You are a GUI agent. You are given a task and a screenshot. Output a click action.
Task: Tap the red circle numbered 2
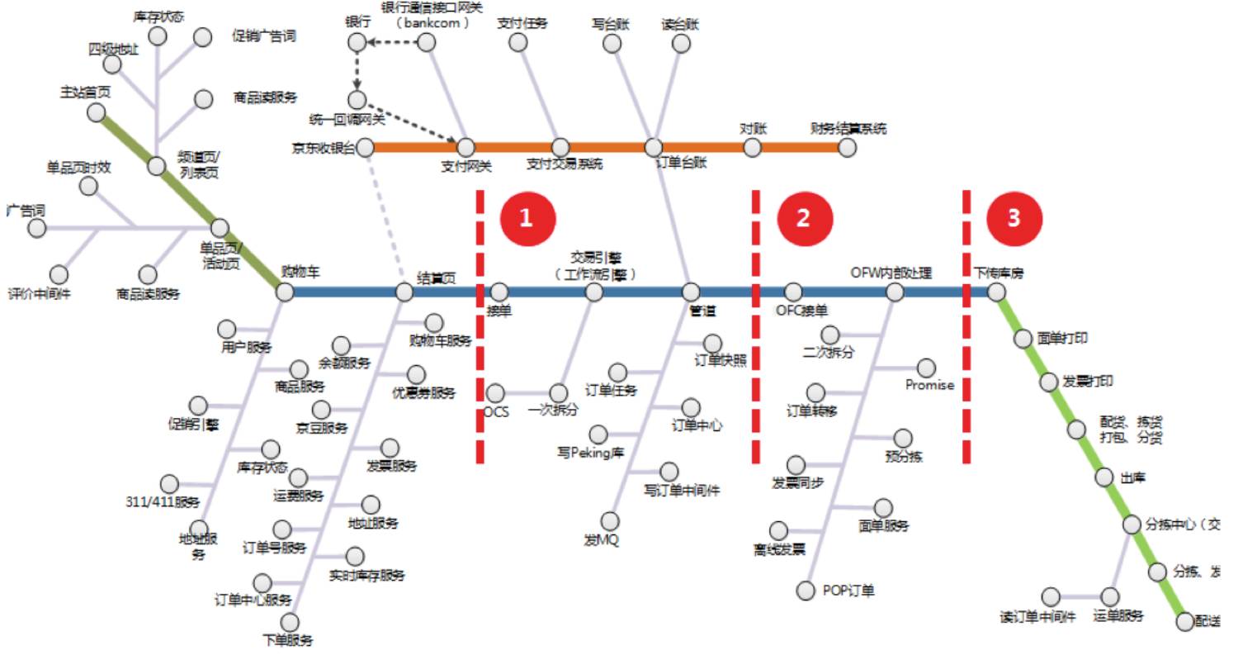pyautogui.click(x=802, y=217)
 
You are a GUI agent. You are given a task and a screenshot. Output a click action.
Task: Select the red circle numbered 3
pyautogui.click(x=1014, y=217)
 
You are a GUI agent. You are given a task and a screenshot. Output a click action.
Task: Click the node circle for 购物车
pyautogui.click(x=285, y=292)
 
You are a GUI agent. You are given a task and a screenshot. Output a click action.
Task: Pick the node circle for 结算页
pyautogui.click(x=404, y=292)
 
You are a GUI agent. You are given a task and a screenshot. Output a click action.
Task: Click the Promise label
pyautogui.click(x=929, y=385)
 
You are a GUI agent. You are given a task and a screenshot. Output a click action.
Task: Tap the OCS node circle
pyautogui.click(x=495, y=392)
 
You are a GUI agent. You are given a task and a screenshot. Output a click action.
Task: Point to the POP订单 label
pyautogui.click(x=848, y=591)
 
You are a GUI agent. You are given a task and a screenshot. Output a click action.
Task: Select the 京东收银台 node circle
pyautogui.click(x=364, y=147)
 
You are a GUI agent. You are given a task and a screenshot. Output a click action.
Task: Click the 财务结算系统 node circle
pyautogui.click(x=847, y=147)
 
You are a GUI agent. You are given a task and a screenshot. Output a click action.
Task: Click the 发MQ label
pyautogui.click(x=602, y=541)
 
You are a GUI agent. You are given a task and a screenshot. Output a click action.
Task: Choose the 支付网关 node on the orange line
pyautogui.click(x=466, y=147)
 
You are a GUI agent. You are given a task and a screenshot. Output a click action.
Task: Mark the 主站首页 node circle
pyautogui.click(x=97, y=112)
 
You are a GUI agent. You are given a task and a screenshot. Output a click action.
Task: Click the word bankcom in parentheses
pyautogui.click(x=432, y=23)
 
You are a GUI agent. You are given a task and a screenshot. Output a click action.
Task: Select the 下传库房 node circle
pyautogui.click(x=997, y=292)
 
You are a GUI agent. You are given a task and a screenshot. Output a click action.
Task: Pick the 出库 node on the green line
pyautogui.click(x=1104, y=477)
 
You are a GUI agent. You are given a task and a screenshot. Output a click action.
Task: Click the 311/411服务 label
pyautogui.click(x=163, y=502)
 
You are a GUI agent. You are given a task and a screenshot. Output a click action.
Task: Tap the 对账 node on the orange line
pyautogui.click(x=752, y=147)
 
